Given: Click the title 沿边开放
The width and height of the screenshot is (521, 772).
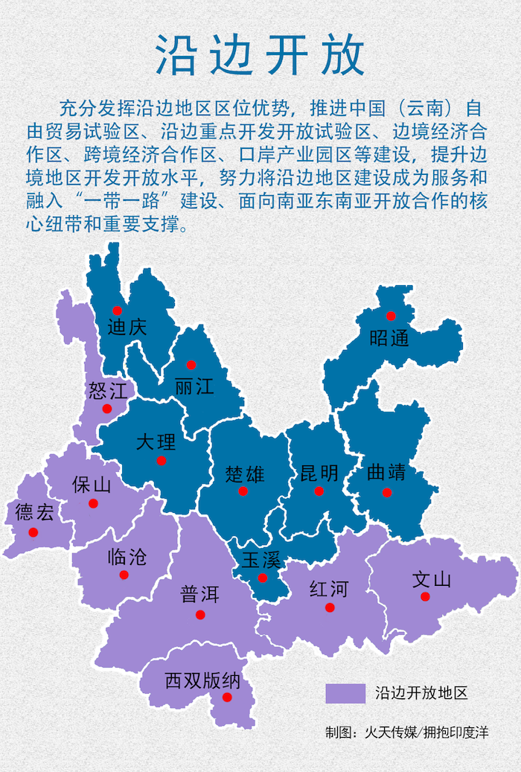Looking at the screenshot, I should click(x=260, y=55).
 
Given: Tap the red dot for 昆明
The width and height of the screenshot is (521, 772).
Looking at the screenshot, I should click(x=319, y=491).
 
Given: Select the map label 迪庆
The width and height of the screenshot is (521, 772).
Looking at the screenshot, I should click(x=127, y=327).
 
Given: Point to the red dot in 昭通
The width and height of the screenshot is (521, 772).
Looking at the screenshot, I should click(x=391, y=316).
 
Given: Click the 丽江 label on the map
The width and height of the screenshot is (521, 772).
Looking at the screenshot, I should click(x=194, y=386).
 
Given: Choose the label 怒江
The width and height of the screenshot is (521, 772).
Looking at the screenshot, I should click(x=108, y=389).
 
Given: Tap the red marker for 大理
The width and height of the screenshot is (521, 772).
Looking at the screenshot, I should click(x=162, y=461).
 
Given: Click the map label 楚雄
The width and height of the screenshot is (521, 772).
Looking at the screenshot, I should click(x=245, y=473).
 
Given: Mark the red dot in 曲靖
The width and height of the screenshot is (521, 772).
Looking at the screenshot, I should click(x=386, y=492).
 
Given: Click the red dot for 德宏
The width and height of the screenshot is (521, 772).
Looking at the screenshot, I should click(x=33, y=532).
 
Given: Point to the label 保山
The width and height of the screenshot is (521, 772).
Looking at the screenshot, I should click(x=92, y=485).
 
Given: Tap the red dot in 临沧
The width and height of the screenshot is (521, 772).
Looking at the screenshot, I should click(x=124, y=574).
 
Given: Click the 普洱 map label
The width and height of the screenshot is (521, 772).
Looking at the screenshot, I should click(x=199, y=595).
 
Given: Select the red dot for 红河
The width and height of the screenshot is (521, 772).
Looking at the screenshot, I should click(x=330, y=607).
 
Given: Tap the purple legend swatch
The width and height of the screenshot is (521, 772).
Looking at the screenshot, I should click(x=345, y=693).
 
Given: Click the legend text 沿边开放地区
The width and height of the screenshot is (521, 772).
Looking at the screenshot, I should click(x=421, y=693).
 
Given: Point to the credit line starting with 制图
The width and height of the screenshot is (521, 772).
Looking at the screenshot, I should click(x=406, y=733).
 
